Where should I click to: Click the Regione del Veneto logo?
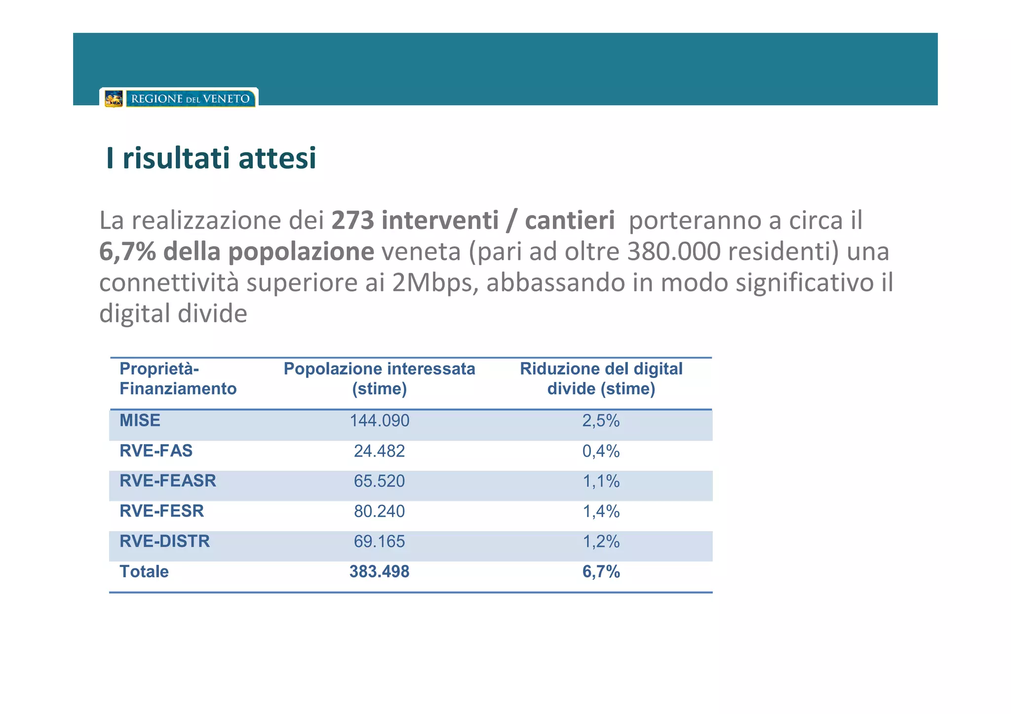179,99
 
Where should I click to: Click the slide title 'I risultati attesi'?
211,158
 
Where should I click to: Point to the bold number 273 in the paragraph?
352,220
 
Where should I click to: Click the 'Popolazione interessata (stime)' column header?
379,378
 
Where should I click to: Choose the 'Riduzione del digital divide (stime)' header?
601,378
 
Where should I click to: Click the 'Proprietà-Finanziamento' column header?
178,378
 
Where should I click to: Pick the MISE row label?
140,420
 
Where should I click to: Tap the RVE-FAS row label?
156,451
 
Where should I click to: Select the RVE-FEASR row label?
168,481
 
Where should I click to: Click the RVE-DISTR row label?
164,541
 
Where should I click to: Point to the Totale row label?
144,571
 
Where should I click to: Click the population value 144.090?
379,421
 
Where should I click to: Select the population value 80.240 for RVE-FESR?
379,511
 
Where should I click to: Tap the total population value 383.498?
379,572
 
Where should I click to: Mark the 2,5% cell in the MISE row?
601,421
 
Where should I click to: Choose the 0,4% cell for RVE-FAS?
601,451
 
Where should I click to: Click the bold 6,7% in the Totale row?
601,572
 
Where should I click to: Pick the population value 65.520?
379,481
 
